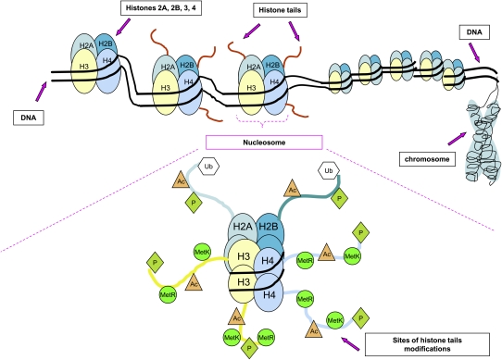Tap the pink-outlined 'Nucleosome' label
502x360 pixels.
point(264,142)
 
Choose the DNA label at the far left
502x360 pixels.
point(26,118)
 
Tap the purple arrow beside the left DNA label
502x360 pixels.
point(48,91)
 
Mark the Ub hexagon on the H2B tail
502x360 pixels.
point(326,171)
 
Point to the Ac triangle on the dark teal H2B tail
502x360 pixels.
point(293,190)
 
